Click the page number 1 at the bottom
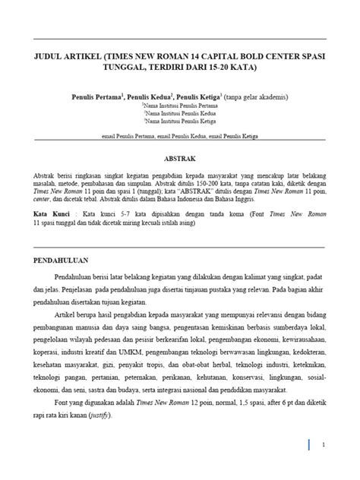pyautogui.click(x=323, y=444)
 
